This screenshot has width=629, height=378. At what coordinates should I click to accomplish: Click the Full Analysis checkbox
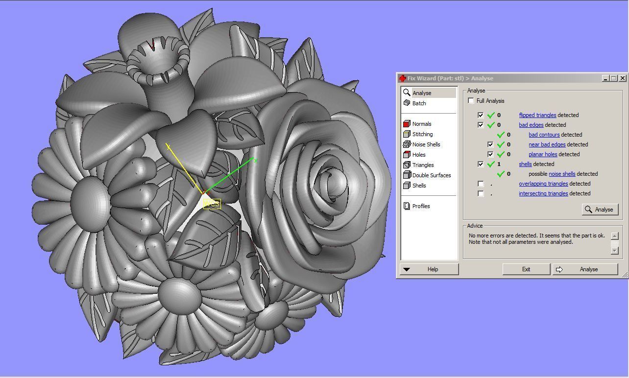(x=471, y=101)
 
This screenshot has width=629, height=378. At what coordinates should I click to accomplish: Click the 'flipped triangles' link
(x=537, y=115)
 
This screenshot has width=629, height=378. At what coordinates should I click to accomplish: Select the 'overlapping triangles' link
(x=543, y=184)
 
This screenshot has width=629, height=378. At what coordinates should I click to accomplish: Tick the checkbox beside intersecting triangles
(x=481, y=193)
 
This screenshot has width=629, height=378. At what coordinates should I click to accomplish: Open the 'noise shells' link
(x=562, y=174)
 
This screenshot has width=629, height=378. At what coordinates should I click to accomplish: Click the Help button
(x=430, y=269)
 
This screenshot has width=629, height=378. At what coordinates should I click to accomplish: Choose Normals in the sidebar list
(x=421, y=124)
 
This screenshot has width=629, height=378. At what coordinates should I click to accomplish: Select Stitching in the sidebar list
(x=422, y=134)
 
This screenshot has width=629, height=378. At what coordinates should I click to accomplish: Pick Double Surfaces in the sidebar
(x=431, y=175)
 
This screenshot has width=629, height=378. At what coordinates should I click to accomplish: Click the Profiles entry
(x=421, y=206)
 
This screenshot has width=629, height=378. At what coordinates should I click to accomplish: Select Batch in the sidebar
(x=419, y=103)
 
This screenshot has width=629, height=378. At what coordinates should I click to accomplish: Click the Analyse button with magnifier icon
(x=600, y=210)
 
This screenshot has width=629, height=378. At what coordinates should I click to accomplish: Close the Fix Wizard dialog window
(x=622, y=78)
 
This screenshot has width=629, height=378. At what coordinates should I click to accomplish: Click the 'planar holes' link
(x=543, y=154)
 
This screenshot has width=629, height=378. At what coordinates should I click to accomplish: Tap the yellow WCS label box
(x=212, y=204)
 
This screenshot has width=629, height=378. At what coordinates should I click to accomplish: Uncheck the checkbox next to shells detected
(x=481, y=164)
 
